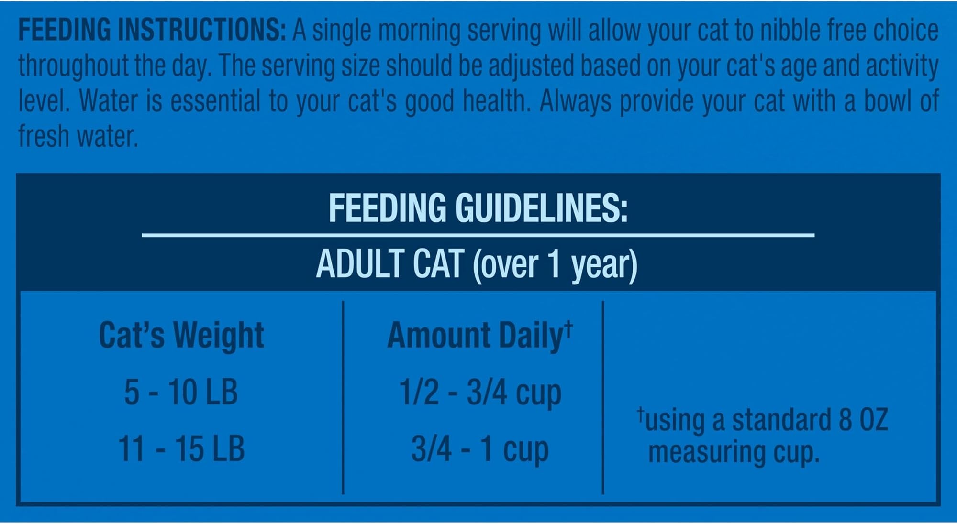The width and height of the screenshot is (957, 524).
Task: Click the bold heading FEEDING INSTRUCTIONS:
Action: pyautogui.click(x=152, y=30)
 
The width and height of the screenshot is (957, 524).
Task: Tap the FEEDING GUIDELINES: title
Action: pyautogui.click(x=478, y=208)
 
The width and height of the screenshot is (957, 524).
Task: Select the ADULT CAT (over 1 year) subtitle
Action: pyautogui.click(x=477, y=264)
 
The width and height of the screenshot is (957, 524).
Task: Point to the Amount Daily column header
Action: pyautogui.click(x=480, y=336)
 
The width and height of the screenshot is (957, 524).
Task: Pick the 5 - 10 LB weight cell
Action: pyautogui.click(x=181, y=392)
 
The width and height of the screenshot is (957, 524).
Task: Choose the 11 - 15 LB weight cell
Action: pyautogui.click(x=181, y=448)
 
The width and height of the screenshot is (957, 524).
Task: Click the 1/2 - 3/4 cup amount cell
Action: pyautogui.click(x=480, y=393)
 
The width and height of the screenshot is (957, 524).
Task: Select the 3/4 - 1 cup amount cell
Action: pyautogui.click(x=480, y=449)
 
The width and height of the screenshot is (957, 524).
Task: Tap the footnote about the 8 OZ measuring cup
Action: pyautogui.click(x=763, y=436)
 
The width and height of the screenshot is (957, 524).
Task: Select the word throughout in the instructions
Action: pyautogui.click(x=74, y=66)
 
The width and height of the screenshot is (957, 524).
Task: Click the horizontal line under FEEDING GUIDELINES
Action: pyautogui.click(x=478, y=235)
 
